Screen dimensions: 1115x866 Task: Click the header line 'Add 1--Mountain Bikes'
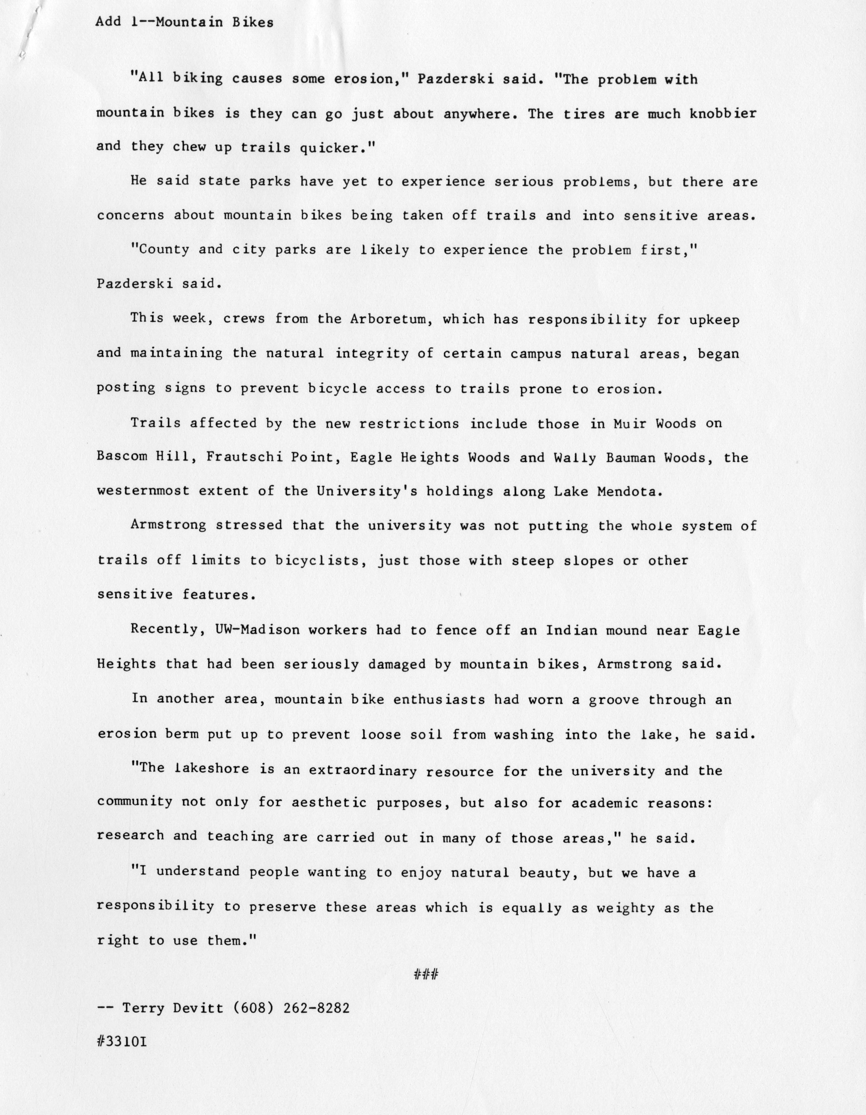coord(184,22)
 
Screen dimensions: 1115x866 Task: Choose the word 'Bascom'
coord(122,457)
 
